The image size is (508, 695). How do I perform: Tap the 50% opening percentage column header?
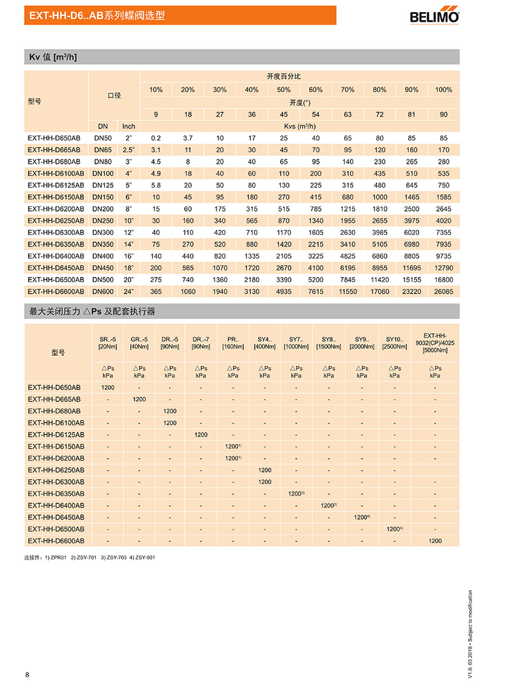pyautogui.click(x=284, y=90)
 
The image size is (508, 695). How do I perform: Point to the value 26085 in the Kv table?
pyautogui.click(x=443, y=292)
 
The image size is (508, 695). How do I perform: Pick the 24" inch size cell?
pyautogui.click(x=128, y=292)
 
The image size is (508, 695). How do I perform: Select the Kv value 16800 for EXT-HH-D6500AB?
pyautogui.click(x=443, y=280)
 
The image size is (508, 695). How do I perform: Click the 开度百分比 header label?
pyautogui.click(x=284, y=76)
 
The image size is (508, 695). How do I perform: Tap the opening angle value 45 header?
pyautogui.click(x=284, y=114)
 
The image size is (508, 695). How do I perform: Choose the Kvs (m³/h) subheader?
pyautogui.click(x=298, y=126)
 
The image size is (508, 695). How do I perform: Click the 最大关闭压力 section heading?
pyautogui.click(x=92, y=312)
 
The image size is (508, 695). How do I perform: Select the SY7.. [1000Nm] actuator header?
pyautogui.click(x=296, y=342)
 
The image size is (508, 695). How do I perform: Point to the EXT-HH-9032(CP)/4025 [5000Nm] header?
pyautogui.click(x=435, y=342)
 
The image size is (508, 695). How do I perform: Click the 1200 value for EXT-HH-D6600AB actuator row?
pyautogui.click(x=435, y=541)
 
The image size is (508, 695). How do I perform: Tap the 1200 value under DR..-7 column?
pyautogui.click(x=201, y=435)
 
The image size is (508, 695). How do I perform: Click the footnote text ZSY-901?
pyautogui.click(x=144, y=557)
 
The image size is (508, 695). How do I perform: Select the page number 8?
pyautogui.click(x=27, y=675)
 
